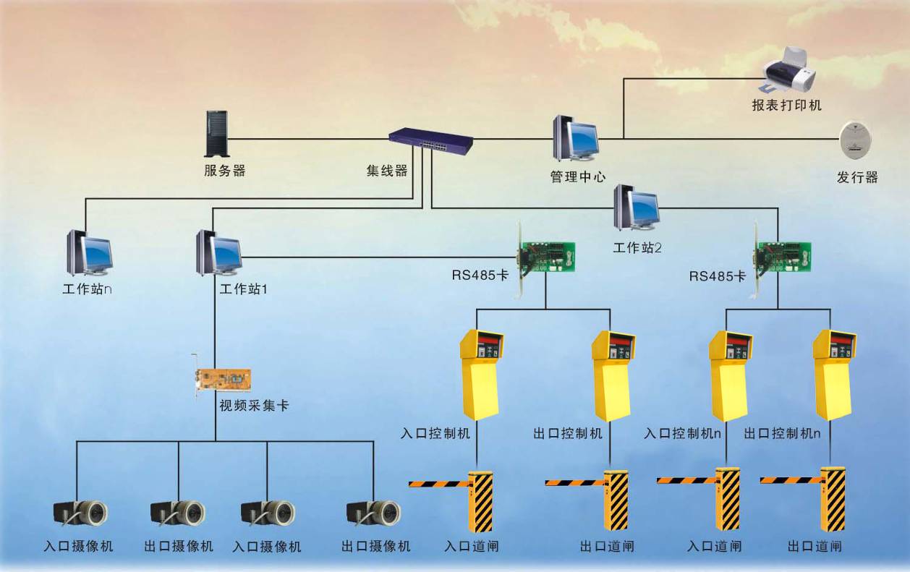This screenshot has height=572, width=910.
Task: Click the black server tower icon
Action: [x=216, y=134]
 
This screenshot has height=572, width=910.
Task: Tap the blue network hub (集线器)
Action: [x=430, y=141]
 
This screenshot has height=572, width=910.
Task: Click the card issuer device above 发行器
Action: [x=854, y=140]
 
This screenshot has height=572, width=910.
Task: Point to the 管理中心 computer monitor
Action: [x=577, y=139]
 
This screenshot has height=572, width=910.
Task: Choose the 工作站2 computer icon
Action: [x=637, y=208]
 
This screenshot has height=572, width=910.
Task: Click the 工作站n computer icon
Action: [x=90, y=253]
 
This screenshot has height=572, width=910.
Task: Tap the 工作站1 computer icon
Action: [x=218, y=253]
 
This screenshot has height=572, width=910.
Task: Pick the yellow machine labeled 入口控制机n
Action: [x=729, y=375]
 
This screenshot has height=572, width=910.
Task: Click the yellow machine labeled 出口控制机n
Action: [x=833, y=375]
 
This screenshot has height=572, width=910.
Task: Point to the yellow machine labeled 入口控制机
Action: [x=481, y=375]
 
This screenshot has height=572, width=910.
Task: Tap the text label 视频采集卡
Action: [x=254, y=406]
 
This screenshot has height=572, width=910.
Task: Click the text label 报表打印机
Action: [x=787, y=106]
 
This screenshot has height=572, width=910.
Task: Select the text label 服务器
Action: [x=225, y=171]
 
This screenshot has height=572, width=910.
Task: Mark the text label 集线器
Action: [x=387, y=171]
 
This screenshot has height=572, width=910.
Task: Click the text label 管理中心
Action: [x=578, y=176]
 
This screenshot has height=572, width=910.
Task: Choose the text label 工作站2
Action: [x=637, y=248]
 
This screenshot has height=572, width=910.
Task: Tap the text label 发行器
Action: [x=857, y=177]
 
